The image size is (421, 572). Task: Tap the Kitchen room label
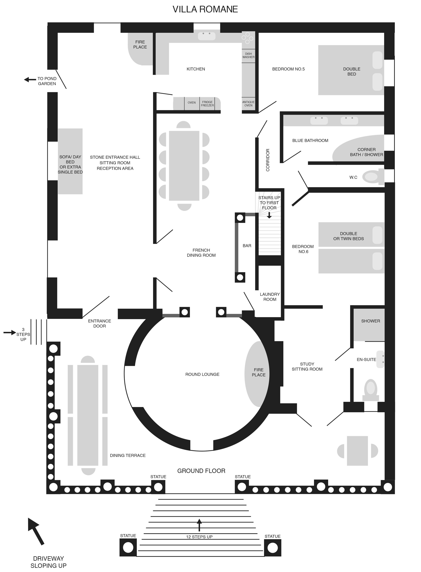[x=196, y=69]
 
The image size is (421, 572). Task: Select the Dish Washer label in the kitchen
[x=249, y=55]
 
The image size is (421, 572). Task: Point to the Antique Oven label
[x=249, y=104]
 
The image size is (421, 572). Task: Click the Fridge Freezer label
[x=207, y=104]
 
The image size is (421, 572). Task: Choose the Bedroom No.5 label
[x=289, y=69]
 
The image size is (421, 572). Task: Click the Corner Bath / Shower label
[x=367, y=152]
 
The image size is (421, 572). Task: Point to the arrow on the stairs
[x=269, y=215]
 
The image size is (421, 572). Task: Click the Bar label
[x=247, y=246]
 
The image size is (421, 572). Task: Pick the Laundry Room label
[x=270, y=297]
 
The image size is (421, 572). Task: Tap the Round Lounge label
[x=202, y=374]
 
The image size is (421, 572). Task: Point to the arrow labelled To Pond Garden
[x=30, y=80]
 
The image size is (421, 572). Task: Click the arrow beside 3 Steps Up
[x=10, y=332]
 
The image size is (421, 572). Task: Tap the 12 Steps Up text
[x=199, y=537]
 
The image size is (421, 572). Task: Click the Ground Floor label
[x=201, y=471]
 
